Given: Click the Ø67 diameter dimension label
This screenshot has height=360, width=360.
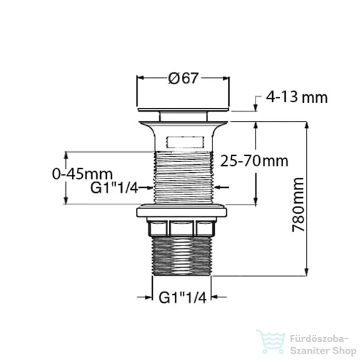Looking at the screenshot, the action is [184, 78].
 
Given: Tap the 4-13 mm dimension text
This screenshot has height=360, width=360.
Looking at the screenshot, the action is [297, 97].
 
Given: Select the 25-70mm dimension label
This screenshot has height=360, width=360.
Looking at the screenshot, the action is [254, 161].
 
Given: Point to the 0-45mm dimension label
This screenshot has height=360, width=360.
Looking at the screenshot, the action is [82, 174].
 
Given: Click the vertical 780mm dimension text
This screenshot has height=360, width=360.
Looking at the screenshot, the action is [298, 204].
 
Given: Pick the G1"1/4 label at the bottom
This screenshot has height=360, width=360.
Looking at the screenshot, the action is [183, 298].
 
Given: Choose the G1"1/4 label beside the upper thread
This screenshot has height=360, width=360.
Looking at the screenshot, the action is [114, 188].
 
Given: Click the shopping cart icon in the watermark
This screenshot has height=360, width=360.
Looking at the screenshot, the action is [271, 341].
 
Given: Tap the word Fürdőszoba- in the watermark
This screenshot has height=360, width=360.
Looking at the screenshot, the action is [319, 339].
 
